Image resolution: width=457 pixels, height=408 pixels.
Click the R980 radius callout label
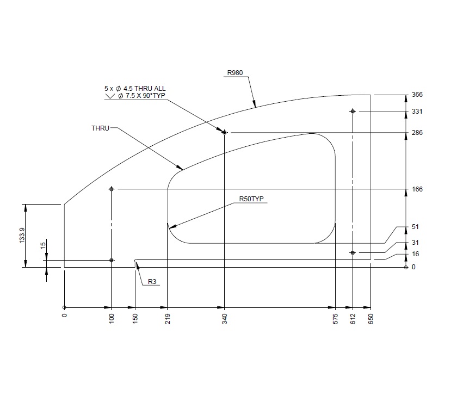(x=235, y=72)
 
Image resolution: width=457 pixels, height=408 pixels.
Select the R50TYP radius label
(x=251, y=199)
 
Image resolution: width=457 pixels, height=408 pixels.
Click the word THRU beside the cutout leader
(x=101, y=128)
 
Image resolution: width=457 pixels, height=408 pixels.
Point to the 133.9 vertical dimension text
(x=21, y=236)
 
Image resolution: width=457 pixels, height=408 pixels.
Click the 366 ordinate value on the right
(x=417, y=95)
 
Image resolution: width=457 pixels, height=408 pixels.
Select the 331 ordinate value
(x=417, y=112)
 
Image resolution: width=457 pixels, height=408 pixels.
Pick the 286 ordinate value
(x=417, y=133)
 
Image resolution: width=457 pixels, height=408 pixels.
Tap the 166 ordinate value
(x=417, y=189)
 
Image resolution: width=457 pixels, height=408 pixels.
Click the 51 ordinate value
(x=415, y=227)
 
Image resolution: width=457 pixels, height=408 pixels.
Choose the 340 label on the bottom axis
(x=224, y=319)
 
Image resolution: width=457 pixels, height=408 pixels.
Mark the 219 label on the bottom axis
(x=168, y=319)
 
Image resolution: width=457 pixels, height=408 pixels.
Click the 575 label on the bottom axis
(x=336, y=319)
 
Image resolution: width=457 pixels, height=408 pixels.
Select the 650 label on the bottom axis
(x=371, y=319)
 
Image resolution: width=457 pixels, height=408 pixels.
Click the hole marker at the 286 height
(x=224, y=132)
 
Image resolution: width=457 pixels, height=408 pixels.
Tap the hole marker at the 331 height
(x=353, y=112)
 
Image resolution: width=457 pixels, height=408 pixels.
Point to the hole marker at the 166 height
(x=112, y=189)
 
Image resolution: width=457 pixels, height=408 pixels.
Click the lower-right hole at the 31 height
(x=353, y=253)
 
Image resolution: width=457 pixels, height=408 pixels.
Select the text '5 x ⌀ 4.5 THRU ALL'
(x=135, y=88)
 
